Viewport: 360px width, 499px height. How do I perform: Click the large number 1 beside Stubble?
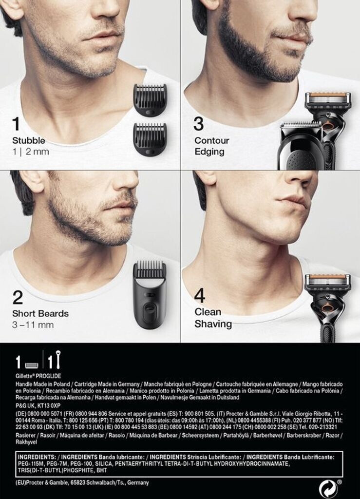pos(16,124)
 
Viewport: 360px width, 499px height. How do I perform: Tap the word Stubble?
pos(29,140)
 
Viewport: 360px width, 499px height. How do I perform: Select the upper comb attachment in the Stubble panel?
pos(150,100)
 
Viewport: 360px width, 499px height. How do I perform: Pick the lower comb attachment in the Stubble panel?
pos(150,139)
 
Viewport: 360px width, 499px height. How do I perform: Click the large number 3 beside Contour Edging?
pos(199,124)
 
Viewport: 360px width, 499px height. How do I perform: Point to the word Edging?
pos(209,152)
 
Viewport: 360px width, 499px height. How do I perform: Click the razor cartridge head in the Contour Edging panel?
pos(327,100)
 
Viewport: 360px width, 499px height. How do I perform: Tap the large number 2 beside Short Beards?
pos(18,297)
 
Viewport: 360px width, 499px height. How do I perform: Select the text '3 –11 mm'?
pos(33,325)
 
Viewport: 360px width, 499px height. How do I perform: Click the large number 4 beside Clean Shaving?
pos(199,296)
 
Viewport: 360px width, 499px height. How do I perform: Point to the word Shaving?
pos(213,324)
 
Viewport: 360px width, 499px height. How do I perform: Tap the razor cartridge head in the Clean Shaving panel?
pos(328,282)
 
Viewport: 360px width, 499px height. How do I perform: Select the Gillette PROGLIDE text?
pos(38,376)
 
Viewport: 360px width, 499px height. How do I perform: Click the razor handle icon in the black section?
pos(58,359)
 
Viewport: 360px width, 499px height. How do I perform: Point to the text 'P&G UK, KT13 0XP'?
pos(38,406)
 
